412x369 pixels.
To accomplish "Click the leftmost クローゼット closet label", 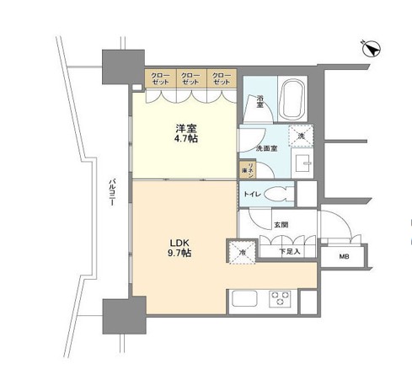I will point(159,79).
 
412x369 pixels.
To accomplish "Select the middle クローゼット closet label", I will point(190,79).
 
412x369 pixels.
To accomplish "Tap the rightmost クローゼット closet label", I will point(221,79).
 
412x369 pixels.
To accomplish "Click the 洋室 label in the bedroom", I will point(187,129).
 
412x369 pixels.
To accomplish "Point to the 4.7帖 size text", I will point(187,142).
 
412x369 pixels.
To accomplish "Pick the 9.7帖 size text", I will point(179,252).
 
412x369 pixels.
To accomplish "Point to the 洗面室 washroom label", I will point(267,149).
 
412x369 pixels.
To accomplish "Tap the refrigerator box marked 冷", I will point(239,251).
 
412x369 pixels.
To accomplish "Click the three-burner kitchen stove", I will point(280,299).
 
